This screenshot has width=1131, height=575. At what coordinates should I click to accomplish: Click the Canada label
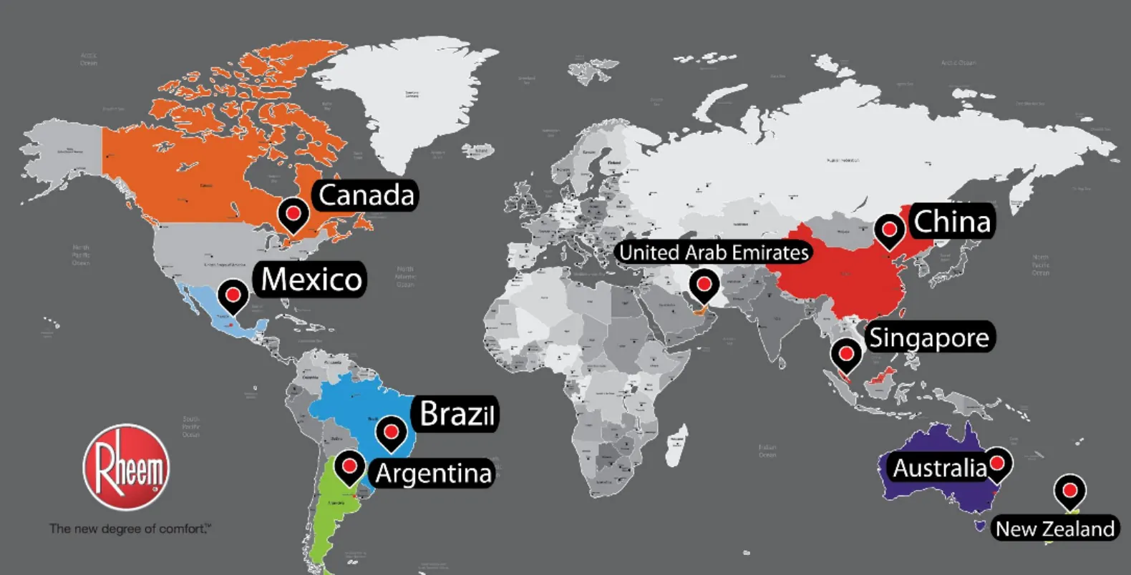(366, 195)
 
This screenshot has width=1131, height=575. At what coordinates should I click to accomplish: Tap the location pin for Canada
(293, 213)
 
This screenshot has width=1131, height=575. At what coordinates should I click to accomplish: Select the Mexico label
(311, 279)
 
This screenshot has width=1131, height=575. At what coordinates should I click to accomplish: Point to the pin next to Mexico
(233, 293)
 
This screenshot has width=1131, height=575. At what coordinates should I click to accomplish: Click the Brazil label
(457, 413)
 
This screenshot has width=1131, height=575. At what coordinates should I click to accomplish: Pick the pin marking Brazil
(391, 432)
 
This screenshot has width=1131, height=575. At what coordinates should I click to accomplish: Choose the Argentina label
(434, 473)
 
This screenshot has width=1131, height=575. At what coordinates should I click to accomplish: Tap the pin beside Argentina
(349, 466)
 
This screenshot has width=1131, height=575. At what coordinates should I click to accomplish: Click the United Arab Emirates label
(714, 252)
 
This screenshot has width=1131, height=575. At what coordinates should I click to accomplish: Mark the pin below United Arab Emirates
(704, 285)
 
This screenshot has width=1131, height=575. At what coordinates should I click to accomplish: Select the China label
(952, 222)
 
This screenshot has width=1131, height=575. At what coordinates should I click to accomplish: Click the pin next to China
(889, 230)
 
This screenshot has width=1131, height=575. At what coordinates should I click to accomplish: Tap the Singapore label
(928, 338)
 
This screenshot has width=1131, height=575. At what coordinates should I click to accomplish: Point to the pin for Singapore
(846, 353)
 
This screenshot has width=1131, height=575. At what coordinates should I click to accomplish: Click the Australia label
(939, 468)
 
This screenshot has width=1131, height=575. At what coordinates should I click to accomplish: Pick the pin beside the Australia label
(997, 463)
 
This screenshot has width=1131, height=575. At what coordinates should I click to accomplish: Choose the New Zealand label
(1054, 529)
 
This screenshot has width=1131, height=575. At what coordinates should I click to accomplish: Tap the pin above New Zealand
(1069, 491)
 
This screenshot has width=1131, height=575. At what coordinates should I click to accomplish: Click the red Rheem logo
(127, 468)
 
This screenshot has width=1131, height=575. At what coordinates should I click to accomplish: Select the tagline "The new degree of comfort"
(130, 529)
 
